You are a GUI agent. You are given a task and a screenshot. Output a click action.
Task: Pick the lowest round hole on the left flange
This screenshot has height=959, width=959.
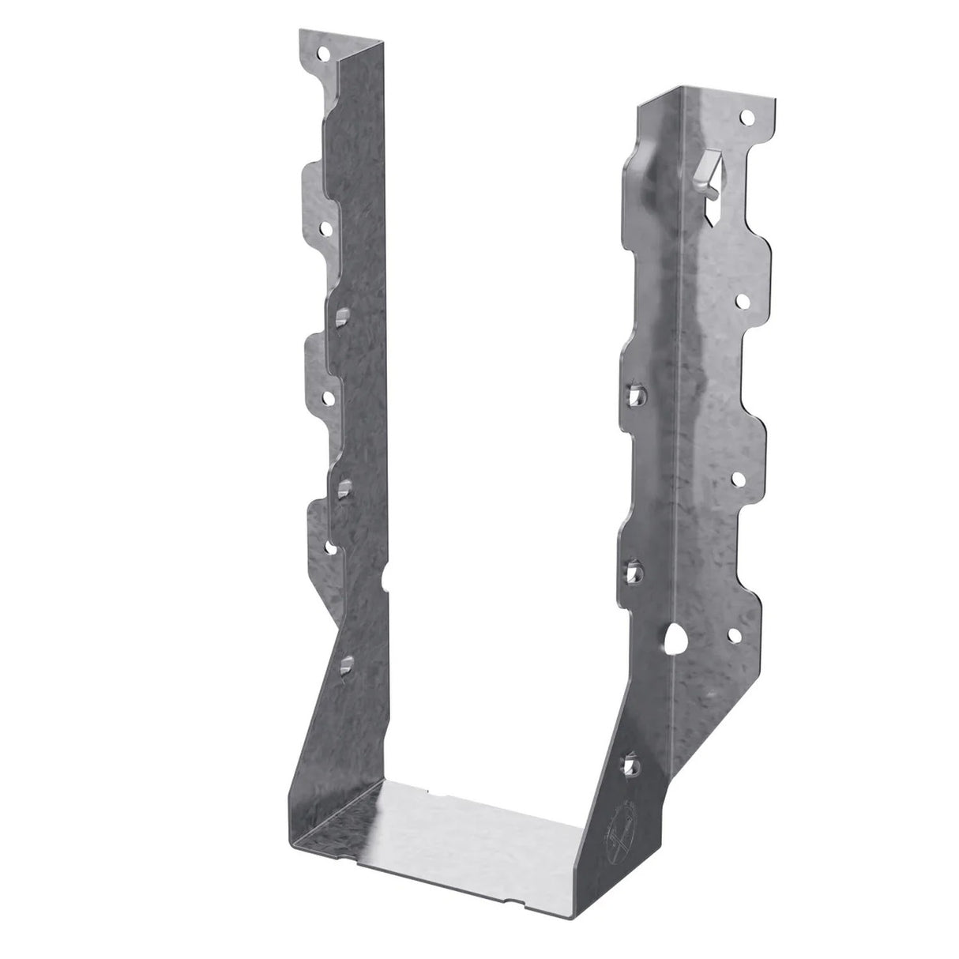pyautogui.click(x=331, y=546)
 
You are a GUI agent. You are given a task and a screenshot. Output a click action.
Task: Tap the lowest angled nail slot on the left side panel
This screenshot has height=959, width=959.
pyautogui.click(x=345, y=667)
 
